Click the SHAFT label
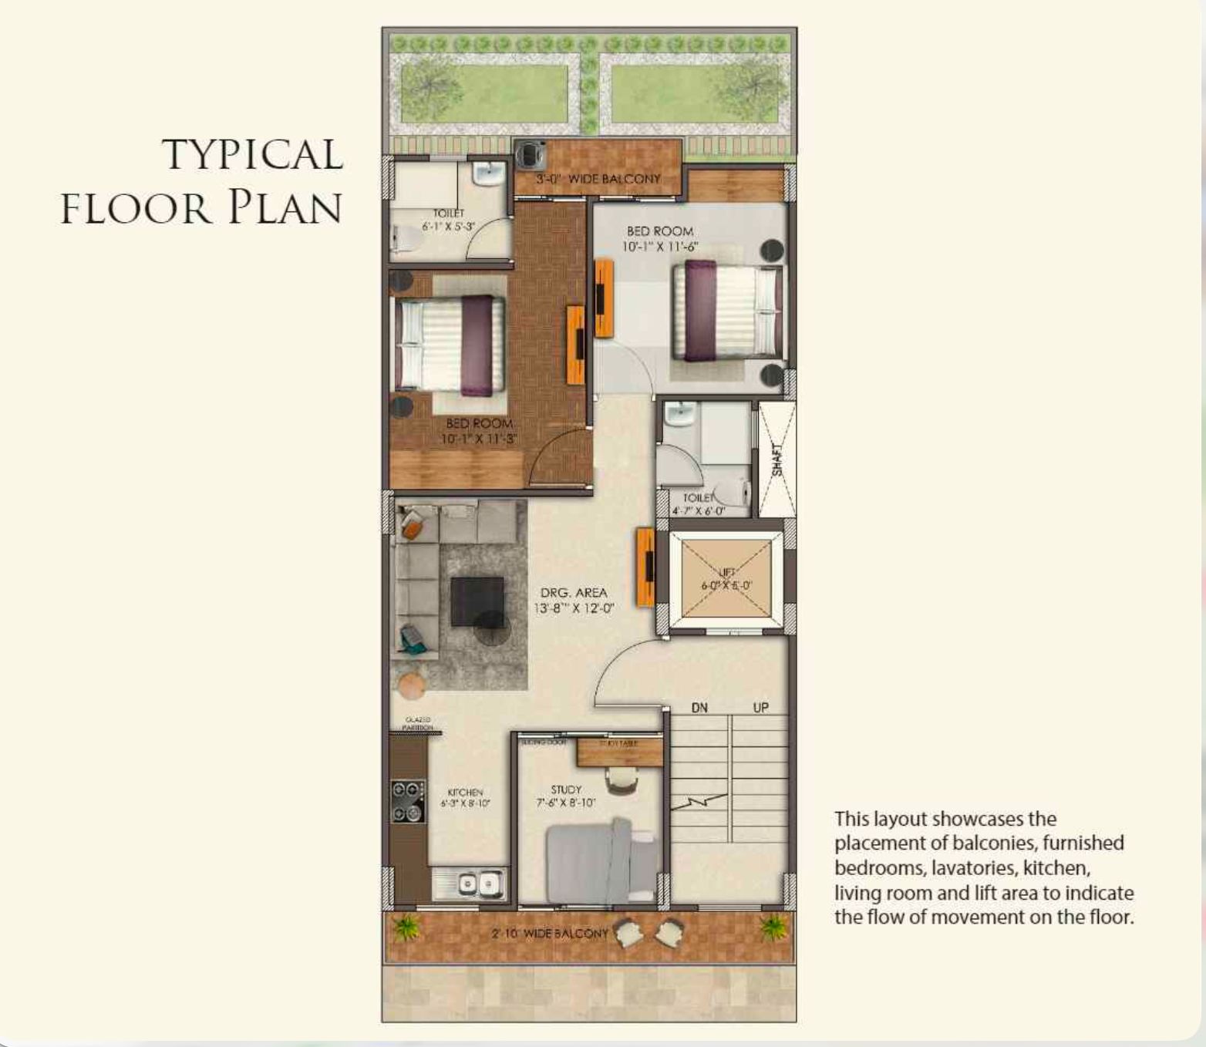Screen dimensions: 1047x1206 pyautogui.click(x=777, y=460)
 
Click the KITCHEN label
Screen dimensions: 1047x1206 pyautogui.click(x=465, y=797)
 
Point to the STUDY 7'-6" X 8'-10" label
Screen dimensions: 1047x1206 pyautogui.click(x=566, y=796)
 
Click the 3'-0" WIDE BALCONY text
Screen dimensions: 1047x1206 pyautogui.click(x=598, y=179)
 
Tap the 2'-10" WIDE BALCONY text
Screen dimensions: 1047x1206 pyautogui.click(x=550, y=934)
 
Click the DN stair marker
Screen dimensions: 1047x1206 pyautogui.click(x=699, y=708)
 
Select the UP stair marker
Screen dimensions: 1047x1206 pyautogui.click(x=760, y=708)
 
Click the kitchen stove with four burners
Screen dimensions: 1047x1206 pyautogui.click(x=407, y=801)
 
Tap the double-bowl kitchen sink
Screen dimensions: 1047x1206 pyautogui.click(x=478, y=884)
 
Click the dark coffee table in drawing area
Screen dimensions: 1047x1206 pyautogui.click(x=477, y=601)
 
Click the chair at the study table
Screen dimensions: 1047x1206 pyautogui.click(x=622, y=782)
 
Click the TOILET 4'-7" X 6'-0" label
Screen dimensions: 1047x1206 pyautogui.click(x=698, y=504)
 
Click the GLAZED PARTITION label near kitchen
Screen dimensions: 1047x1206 pyautogui.click(x=418, y=723)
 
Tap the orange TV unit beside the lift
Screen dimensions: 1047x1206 pyautogui.click(x=645, y=567)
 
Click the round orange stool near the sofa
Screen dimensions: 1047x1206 pyautogui.click(x=411, y=685)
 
